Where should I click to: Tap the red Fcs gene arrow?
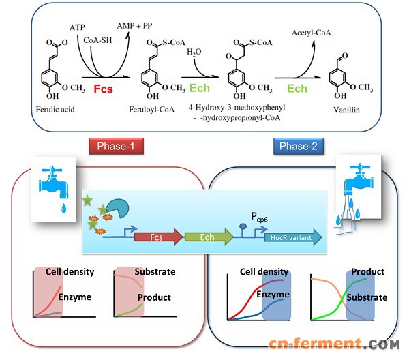tap(158, 237)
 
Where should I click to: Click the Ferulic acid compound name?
tap(54, 108)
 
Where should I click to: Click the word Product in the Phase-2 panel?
tap(367, 271)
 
